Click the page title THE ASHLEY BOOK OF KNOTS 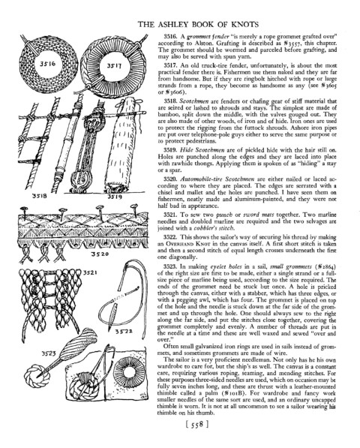198,24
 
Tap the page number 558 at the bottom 196,425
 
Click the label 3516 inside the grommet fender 47,64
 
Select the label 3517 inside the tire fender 114,66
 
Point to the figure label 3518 38,197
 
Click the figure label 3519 115,197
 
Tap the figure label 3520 99,254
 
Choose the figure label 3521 90,273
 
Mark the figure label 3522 123,331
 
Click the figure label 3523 49,353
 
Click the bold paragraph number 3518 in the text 171,101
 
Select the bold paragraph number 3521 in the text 171,215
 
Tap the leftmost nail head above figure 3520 23,209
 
